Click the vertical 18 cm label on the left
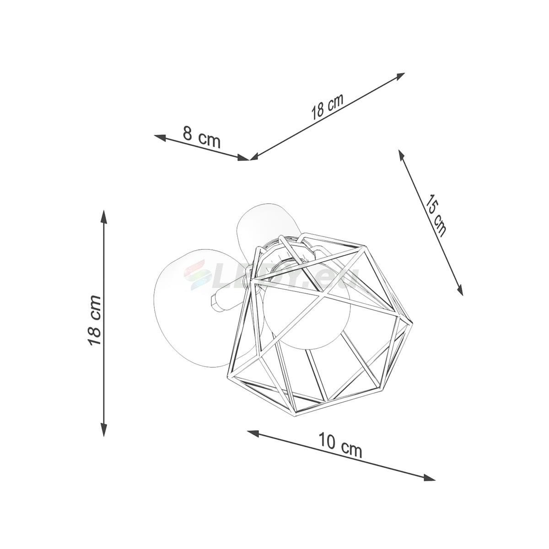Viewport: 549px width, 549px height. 95,320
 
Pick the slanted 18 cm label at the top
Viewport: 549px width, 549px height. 328,106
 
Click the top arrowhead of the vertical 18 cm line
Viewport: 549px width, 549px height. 104,218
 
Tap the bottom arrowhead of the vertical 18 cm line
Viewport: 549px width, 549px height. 104,437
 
